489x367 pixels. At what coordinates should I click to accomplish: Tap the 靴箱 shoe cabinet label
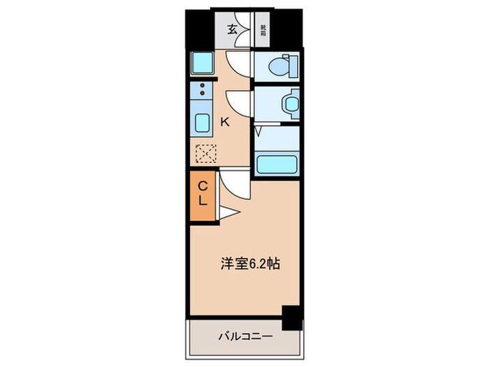(x=263, y=30)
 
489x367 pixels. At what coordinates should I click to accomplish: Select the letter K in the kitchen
(x=225, y=122)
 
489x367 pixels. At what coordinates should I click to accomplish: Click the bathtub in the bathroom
(x=277, y=165)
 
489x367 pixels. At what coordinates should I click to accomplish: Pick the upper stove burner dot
(x=203, y=85)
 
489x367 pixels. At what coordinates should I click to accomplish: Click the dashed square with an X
(x=205, y=152)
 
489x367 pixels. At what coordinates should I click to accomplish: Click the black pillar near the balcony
(x=292, y=317)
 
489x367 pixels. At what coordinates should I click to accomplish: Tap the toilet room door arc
(x=238, y=64)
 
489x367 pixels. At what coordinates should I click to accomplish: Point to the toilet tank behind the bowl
(x=293, y=68)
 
